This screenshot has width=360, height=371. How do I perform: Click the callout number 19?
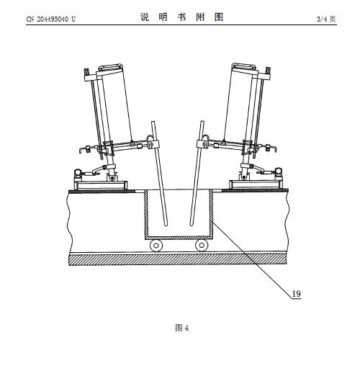tap(296, 293)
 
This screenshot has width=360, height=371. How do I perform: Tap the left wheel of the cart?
tap(156, 246)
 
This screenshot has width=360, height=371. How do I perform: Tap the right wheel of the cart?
tap(202, 246)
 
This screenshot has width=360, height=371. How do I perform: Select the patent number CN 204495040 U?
tap(50, 19)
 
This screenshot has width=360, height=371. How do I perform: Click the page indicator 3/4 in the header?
tap(322, 19)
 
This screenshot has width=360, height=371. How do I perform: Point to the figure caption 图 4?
tap(182, 328)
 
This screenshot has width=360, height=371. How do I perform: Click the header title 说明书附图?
tap(181, 17)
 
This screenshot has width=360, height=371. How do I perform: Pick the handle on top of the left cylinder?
tap(110, 67)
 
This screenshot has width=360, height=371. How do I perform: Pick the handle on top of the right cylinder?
tap(244, 66)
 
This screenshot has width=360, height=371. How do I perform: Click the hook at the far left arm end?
tap(81, 150)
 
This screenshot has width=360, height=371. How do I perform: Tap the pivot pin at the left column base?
tap(112, 178)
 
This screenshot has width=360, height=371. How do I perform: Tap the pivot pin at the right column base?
tap(244, 177)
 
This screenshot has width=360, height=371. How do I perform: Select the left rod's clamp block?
tap(153, 144)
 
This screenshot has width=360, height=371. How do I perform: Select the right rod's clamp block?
tap(202, 144)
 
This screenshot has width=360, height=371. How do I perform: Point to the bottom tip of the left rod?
tap(166, 225)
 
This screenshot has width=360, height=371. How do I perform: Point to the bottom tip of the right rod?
tap(192, 225)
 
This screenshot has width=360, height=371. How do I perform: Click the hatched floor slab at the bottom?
tap(178, 259)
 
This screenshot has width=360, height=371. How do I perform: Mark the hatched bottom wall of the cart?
tap(179, 238)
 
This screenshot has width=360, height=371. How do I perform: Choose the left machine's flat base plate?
tap(101, 185)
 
